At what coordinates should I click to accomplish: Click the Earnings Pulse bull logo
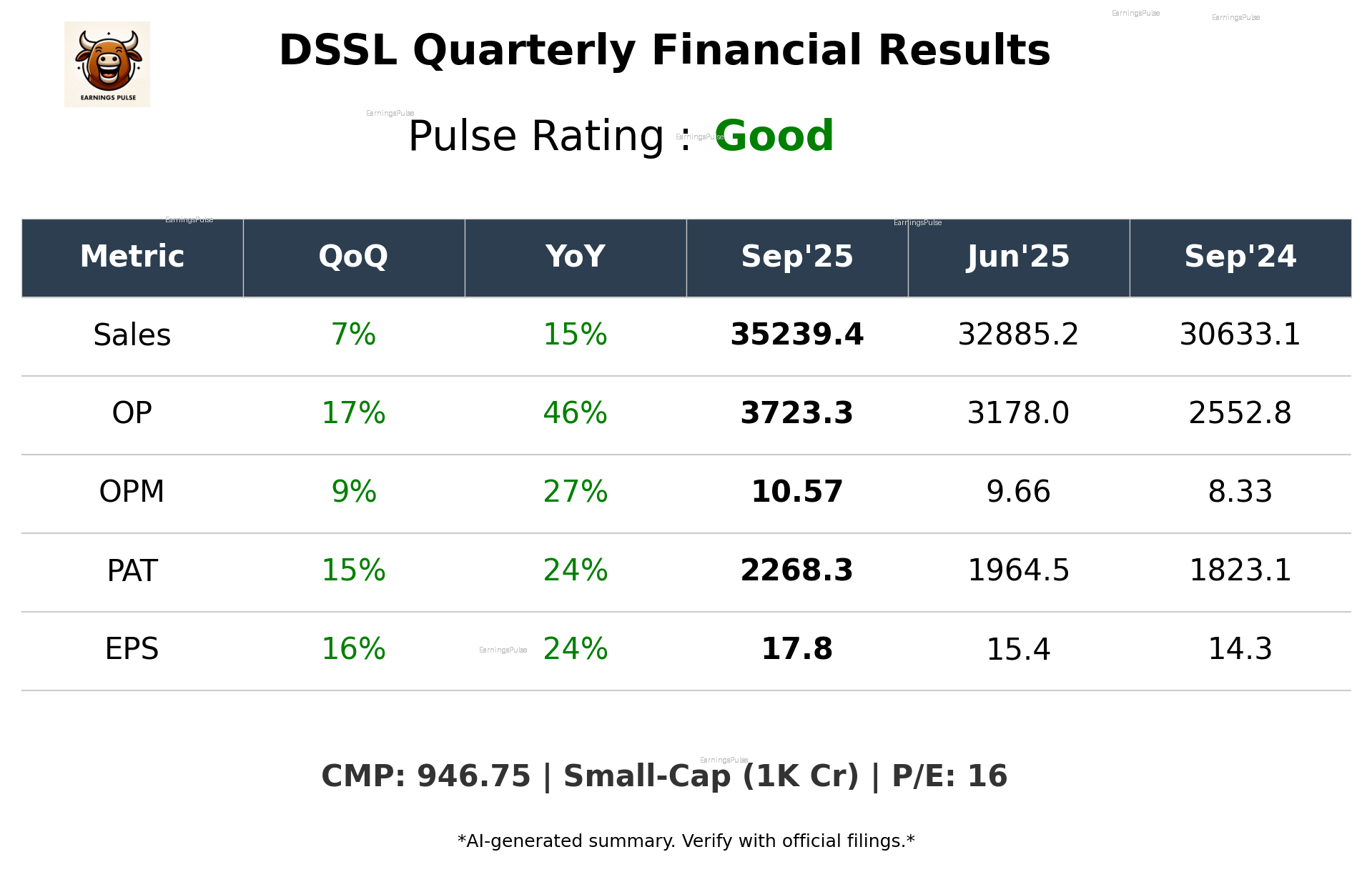click(x=107, y=64)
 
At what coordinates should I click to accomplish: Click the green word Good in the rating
click(x=774, y=136)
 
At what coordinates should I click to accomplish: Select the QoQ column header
click(x=353, y=257)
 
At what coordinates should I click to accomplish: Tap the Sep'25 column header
click(x=796, y=257)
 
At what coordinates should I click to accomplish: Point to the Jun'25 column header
click(x=1018, y=257)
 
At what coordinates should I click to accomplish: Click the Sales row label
click(x=132, y=335)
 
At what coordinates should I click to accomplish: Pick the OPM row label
click(x=132, y=492)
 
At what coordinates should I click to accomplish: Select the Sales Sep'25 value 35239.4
click(x=796, y=335)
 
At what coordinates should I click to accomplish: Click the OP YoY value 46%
click(x=575, y=413)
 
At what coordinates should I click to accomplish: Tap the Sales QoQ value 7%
click(x=353, y=335)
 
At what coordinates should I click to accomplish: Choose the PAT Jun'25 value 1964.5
click(x=1018, y=570)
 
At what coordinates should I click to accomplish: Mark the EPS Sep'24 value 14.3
click(x=1240, y=649)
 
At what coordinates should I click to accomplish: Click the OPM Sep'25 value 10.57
click(x=796, y=492)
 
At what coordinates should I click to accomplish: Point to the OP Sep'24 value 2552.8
click(x=1240, y=413)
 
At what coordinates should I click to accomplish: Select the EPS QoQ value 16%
click(x=353, y=649)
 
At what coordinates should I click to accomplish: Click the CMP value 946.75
click(x=473, y=776)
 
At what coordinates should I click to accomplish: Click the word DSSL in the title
click(x=337, y=51)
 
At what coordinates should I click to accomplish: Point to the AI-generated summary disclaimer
click(x=686, y=841)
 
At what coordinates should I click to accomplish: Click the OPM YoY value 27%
click(x=575, y=492)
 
